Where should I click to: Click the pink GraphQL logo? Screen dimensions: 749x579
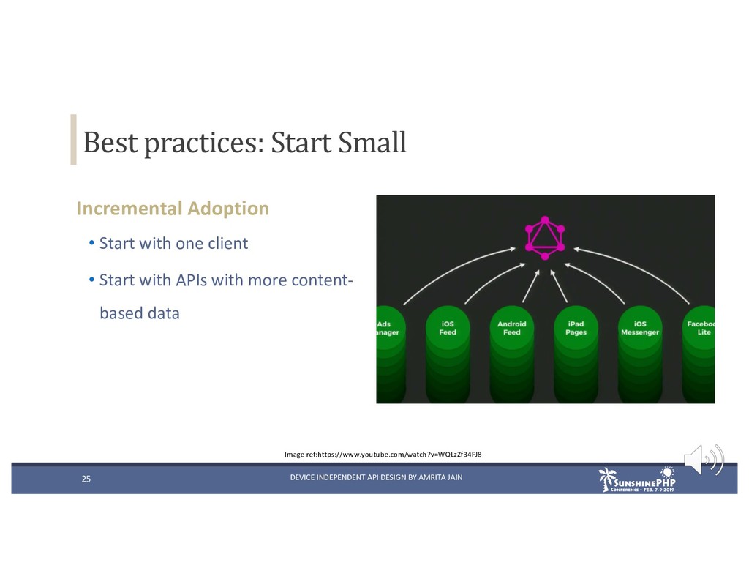click(544, 238)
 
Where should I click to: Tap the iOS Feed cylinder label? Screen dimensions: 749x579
click(448, 328)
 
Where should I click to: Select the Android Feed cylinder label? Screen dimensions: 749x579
click(511, 328)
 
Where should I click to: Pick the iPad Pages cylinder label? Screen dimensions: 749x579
click(576, 328)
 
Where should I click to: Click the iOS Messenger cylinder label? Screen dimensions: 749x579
click(640, 328)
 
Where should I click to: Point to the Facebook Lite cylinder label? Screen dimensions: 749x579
click(701, 328)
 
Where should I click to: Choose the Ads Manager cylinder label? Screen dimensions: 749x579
click(388, 328)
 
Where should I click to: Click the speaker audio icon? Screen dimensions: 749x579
click(704, 460)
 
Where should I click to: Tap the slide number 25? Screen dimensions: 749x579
click(86, 479)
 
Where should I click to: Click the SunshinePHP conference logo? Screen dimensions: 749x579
click(637, 479)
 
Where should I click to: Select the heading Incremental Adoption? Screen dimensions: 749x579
click(173, 209)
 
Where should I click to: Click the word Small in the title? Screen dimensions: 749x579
click(372, 142)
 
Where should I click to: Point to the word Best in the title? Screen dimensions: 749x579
click(110, 142)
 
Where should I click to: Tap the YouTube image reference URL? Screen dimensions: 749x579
click(399, 455)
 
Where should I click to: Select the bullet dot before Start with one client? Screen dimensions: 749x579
click(91, 243)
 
